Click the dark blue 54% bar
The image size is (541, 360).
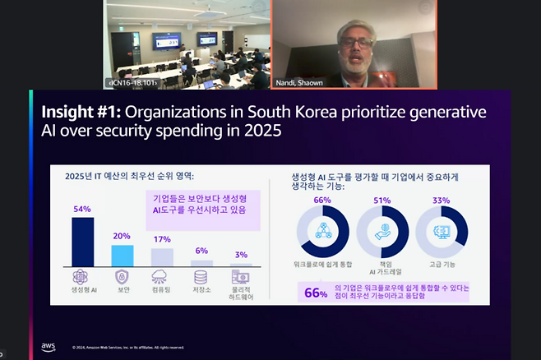(x=82, y=242)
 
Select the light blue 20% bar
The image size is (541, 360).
(x=122, y=256)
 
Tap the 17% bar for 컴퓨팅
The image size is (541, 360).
(x=162, y=256)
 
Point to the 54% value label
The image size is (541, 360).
(x=82, y=209)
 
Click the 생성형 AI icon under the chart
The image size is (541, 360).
(x=82, y=278)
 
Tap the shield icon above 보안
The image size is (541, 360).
(x=122, y=278)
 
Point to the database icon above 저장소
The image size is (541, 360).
(x=201, y=278)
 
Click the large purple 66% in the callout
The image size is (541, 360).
(x=316, y=293)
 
